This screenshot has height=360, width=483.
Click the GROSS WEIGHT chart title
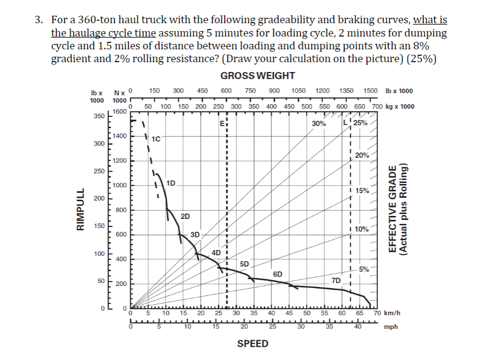coord(258,75)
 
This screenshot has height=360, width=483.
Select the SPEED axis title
coord(253,343)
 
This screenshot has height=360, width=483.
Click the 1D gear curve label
coord(172,183)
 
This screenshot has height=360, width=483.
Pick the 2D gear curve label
coord(186,216)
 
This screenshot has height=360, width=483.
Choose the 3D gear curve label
coord(195,234)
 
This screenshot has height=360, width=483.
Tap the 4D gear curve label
coord(216,252)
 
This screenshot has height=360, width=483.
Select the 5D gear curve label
coord(244,263)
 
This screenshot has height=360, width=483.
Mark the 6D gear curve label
coord(278,274)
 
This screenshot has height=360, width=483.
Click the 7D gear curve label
coord(336,281)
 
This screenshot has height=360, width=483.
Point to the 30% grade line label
coord(319,123)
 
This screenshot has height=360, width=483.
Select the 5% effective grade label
coord(364,269)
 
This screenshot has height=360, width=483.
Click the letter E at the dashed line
coord(223,123)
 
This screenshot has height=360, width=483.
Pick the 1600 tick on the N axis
coord(119,111)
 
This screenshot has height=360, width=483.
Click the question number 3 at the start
coord(37,20)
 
